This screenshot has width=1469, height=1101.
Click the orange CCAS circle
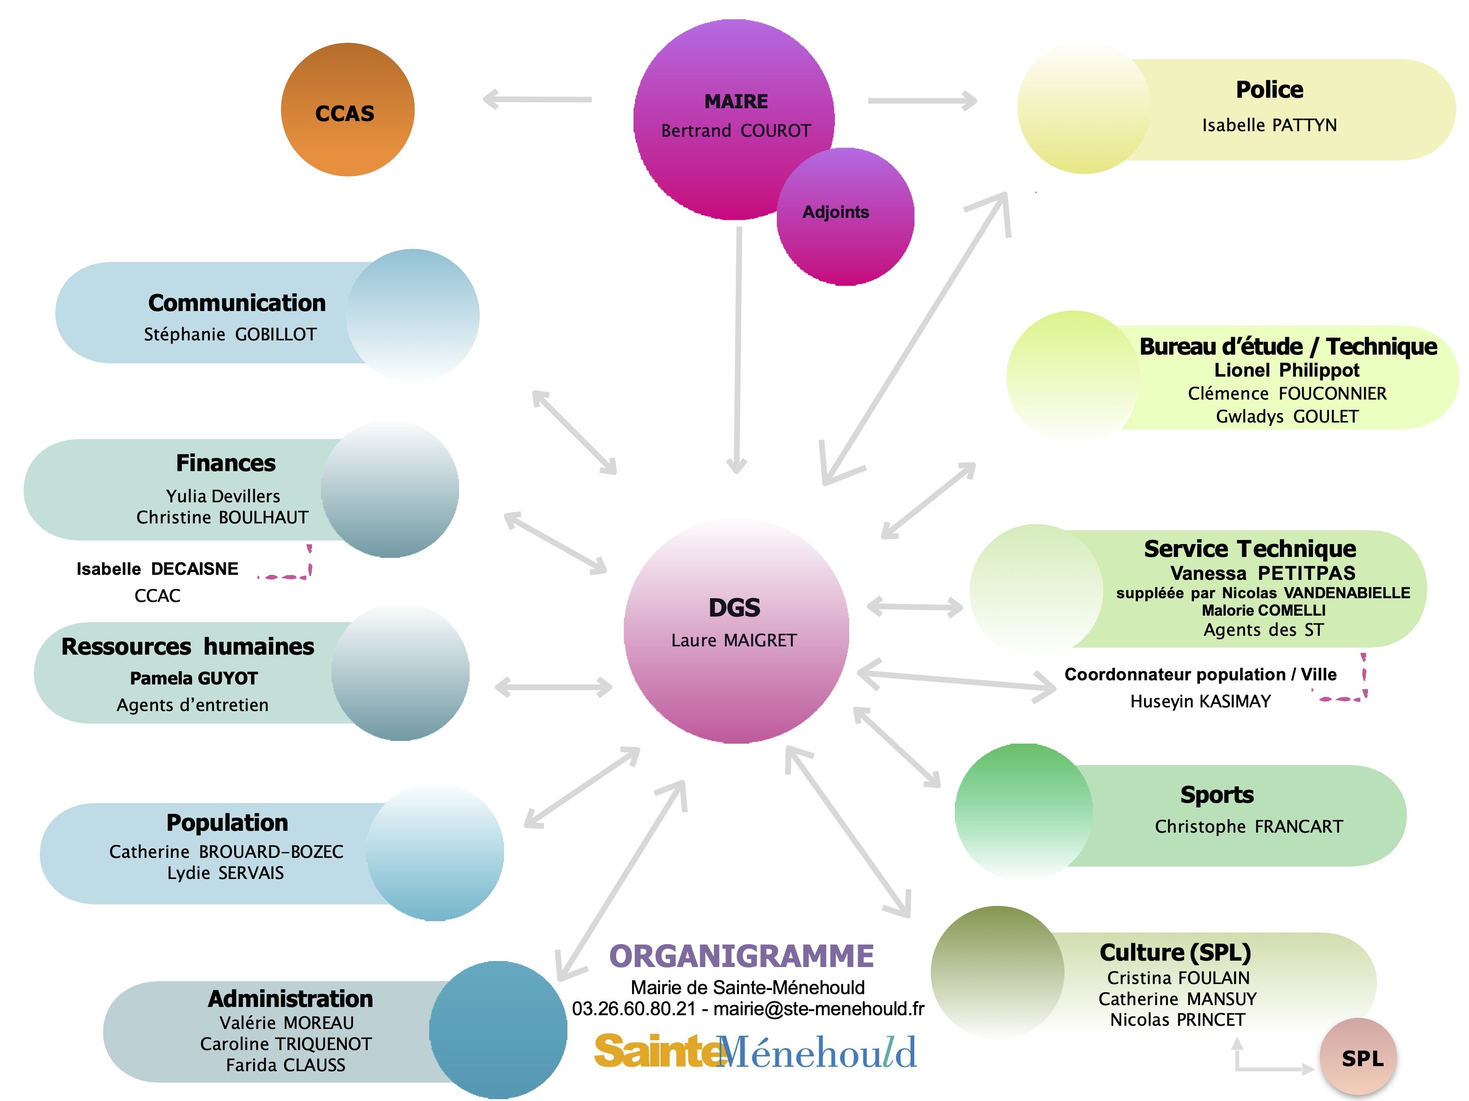point(348,110)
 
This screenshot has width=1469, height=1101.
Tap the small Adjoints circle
point(846,217)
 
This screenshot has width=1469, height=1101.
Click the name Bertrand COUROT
point(736,131)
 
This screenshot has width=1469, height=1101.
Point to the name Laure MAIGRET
point(734,640)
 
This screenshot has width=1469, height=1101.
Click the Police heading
point(1269,89)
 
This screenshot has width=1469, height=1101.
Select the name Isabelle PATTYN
point(1269,125)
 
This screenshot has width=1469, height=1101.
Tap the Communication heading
point(237,303)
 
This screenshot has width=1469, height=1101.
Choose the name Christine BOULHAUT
point(223,517)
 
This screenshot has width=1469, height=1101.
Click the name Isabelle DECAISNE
point(157,569)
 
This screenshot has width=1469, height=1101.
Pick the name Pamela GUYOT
point(194,678)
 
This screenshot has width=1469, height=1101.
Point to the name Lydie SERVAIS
point(225,873)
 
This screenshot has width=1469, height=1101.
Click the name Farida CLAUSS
point(286,1065)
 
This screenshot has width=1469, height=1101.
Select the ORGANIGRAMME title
point(742,956)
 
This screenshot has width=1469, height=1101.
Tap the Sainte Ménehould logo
point(755,1051)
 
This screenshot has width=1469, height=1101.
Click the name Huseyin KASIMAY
point(1201,701)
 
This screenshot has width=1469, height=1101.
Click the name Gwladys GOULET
point(1287,416)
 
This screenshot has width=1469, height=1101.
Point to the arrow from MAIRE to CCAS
point(537,100)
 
